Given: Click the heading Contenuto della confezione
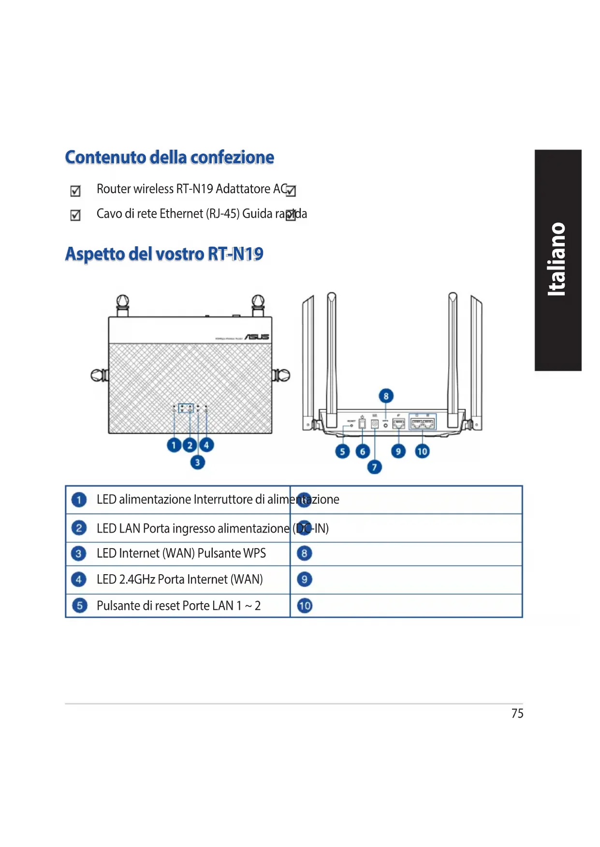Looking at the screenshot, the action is coord(169,157).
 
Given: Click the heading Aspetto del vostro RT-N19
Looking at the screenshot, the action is coord(164,254).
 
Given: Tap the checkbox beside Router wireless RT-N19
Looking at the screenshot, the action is coord(75,191).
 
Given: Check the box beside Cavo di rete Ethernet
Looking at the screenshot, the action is coord(75,215).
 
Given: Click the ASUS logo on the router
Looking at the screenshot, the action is coord(257,337).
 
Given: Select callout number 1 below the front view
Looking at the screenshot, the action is coord(174,445).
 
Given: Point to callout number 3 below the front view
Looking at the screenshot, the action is coord(197,462).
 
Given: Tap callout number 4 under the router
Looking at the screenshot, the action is coord(206,445).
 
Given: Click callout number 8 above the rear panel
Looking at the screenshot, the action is coord(386,396).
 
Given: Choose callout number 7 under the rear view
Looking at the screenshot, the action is coord(374,467).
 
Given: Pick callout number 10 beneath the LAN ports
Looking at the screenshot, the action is coord(422,452).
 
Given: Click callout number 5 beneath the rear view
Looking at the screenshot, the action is coord(342,452).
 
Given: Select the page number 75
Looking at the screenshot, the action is coord(517,713).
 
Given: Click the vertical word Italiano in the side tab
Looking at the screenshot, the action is coord(557,259).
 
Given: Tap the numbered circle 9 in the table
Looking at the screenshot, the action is coord(304,579).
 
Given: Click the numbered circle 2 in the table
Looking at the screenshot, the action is coord(79,528).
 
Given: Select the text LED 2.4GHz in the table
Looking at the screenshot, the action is coord(126,579).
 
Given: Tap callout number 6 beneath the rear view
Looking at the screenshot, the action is coord(363,452).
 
